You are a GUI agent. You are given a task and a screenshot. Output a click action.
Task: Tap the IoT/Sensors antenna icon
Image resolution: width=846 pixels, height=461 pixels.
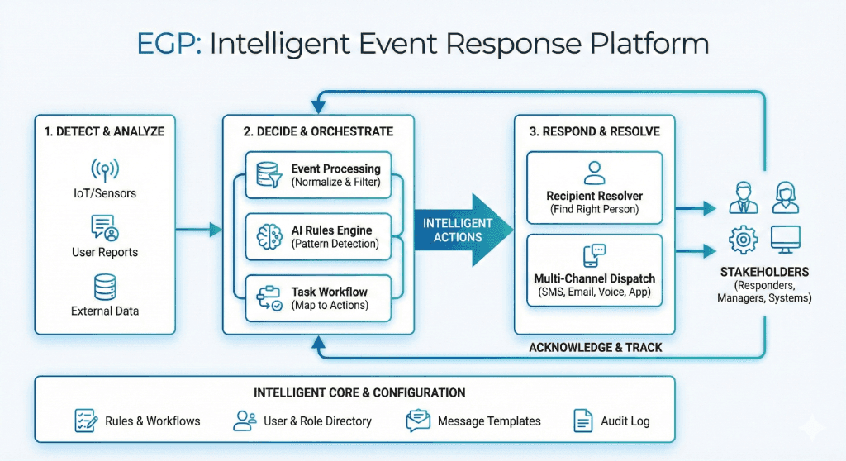[105, 169]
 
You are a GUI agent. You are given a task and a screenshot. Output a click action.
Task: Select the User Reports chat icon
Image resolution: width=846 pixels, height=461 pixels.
[105, 227]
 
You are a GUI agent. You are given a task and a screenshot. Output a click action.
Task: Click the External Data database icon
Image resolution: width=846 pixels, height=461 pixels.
[105, 287]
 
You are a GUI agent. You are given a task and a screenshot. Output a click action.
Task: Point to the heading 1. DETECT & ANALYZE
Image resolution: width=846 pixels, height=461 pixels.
[105, 131]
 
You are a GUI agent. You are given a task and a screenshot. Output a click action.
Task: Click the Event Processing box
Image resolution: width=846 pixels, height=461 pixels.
[318, 175]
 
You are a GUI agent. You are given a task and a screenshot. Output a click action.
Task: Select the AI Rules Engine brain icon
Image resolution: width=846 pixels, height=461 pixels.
[270, 236]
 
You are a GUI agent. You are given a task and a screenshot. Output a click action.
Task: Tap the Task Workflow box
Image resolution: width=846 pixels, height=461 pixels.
[318, 298]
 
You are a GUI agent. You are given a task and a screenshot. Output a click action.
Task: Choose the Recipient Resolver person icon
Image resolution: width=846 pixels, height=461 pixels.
[594, 173]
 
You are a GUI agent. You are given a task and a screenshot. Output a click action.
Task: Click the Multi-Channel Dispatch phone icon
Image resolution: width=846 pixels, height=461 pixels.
[594, 254]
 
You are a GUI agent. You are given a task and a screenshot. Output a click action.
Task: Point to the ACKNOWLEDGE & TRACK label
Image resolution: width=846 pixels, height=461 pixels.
[596, 347]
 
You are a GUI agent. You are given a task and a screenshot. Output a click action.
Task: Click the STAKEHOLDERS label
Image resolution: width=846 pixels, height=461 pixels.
[764, 272]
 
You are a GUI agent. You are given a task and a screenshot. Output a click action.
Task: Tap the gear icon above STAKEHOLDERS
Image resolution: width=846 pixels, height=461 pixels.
[742, 240]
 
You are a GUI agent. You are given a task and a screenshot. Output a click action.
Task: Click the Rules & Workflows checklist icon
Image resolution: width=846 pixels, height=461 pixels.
[86, 421]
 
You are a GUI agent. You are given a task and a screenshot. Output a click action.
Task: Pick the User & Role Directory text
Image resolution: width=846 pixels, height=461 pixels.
[317, 421]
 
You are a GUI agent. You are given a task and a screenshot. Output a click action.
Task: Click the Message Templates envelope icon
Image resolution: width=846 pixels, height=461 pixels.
[418, 421]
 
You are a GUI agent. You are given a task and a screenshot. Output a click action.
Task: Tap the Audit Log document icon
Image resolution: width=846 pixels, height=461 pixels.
[583, 421]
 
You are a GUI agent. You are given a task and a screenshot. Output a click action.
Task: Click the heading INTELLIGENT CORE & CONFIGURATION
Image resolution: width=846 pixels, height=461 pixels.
[359, 392]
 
